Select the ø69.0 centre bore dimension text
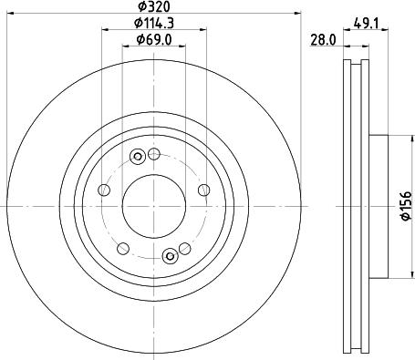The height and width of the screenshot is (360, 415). (x=151, y=39)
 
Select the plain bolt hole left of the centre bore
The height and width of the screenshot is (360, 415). (x=103, y=190)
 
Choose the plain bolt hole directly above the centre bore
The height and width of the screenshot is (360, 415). (x=153, y=152)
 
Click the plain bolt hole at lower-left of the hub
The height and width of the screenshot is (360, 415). (x=121, y=248)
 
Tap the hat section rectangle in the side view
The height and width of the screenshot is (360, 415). (x=380, y=206)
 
